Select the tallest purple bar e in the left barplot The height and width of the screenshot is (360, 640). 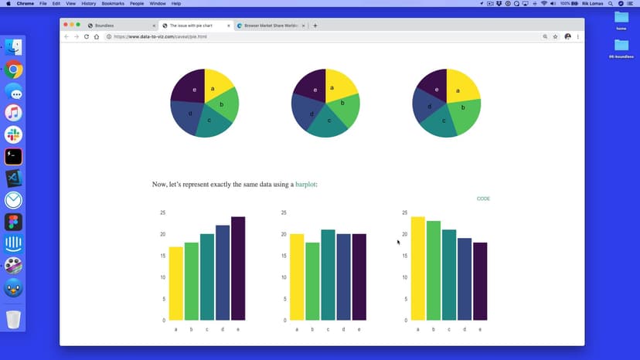(238, 268)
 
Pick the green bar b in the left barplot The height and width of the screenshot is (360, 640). (191, 281)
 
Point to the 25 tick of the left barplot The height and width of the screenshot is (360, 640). (162, 212)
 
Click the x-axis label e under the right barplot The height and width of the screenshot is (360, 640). (480, 330)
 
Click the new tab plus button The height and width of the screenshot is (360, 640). (315, 25)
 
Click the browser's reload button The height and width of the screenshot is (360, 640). (86, 36)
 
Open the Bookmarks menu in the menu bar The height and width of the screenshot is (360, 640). (113, 4)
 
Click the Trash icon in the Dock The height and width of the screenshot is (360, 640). (13, 319)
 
